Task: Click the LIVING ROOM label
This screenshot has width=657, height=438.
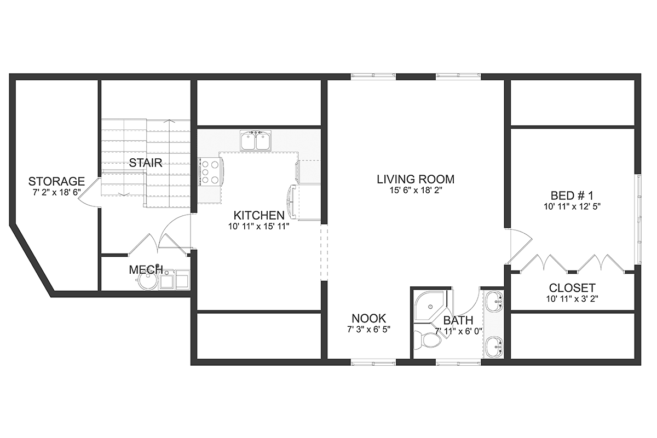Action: click(x=416, y=179)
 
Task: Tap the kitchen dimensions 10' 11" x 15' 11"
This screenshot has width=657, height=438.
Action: click(x=259, y=226)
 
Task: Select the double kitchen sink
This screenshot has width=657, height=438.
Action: click(x=256, y=140)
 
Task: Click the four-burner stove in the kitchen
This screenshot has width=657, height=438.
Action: click(x=210, y=171)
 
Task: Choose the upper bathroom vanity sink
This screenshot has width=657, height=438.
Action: click(x=494, y=301)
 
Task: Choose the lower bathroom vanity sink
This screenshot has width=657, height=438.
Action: click(x=494, y=347)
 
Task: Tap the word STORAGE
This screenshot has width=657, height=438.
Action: click(x=56, y=181)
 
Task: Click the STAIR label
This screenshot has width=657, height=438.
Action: click(x=146, y=163)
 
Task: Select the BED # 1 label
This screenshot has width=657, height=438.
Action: click(x=572, y=195)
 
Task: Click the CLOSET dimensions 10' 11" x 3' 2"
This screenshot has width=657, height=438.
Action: click(x=572, y=298)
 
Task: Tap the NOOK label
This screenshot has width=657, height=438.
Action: click(x=368, y=318)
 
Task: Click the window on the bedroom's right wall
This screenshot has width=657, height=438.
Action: click(x=638, y=220)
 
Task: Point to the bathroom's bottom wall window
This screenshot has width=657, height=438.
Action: click(x=458, y=363)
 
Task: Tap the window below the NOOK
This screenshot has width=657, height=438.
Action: click(x=373, y=363)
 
